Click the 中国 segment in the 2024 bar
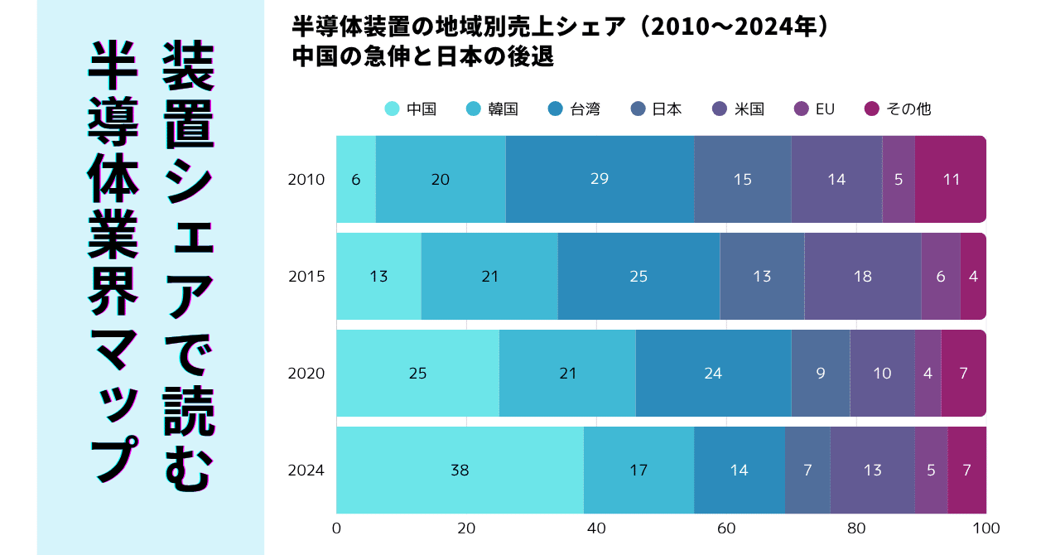click(460, 471)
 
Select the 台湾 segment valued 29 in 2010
click(600, 179)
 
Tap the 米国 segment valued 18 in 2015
click(862, 277)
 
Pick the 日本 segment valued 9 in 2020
click(821, 374)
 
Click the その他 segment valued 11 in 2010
click(951, 179)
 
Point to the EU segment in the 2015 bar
click(940, 277)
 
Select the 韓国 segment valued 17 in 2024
click(638, 471)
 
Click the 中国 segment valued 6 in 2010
click(356, 179)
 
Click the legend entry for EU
click(815, 109)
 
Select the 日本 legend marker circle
click(638, 109)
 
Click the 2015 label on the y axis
click(306, 277)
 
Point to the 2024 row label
click(306, 471)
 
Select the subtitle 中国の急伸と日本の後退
click(422, 58)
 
